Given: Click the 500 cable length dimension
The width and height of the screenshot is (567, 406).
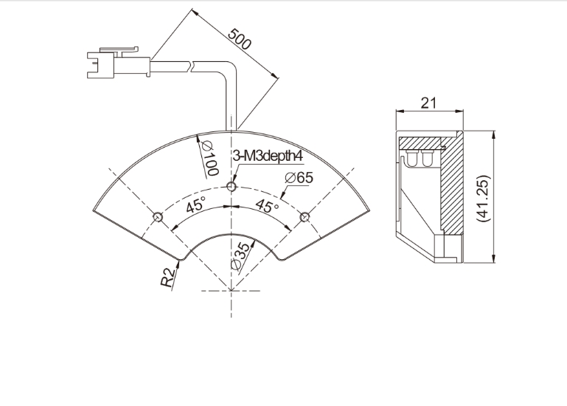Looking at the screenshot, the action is [239, 38].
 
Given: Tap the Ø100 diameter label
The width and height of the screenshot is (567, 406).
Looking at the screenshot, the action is [210, 158].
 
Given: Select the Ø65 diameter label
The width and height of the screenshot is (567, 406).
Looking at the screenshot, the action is [299, 177].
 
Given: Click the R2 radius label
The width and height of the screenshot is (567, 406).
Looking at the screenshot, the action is [167, 278].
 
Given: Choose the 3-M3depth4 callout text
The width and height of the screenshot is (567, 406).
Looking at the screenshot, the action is [267, 156].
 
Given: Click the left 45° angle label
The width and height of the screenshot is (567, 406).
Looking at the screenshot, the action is [195, 205].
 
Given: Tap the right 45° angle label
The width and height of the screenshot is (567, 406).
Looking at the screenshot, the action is [267, 206].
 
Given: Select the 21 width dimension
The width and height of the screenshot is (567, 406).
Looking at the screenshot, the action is [428, 103].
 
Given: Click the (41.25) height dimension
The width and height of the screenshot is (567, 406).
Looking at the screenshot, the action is [483, 198].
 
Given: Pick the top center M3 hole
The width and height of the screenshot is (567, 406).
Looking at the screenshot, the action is [232, 187].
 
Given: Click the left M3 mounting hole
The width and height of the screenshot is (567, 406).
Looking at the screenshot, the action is [158, 217].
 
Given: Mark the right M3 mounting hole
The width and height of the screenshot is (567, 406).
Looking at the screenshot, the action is [305, 217].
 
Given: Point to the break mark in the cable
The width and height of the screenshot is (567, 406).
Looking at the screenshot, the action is [192, 66].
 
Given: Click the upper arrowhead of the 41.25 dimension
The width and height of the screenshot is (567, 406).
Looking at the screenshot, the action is [493, 135].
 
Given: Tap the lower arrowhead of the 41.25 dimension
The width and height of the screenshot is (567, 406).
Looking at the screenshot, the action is [493, 258].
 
